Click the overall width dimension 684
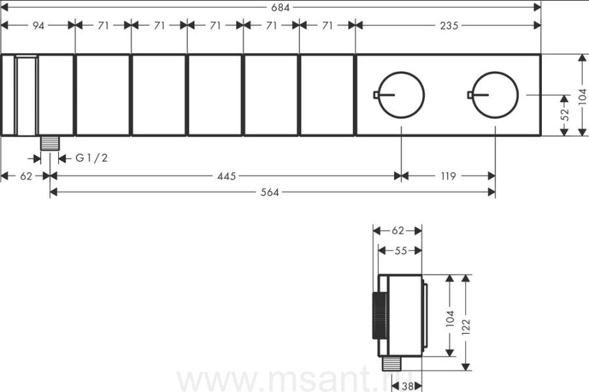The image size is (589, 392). point(280,7)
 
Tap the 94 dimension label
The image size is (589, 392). point(39,26)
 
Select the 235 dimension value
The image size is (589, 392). point(449,26)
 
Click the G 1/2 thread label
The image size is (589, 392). point(92,158)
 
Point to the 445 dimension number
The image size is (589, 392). point(226,176)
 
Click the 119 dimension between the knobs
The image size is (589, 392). point(448,176)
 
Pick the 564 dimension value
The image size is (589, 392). point(270,192)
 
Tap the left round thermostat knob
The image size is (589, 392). point(401,95)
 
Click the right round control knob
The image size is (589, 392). point(495,95)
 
